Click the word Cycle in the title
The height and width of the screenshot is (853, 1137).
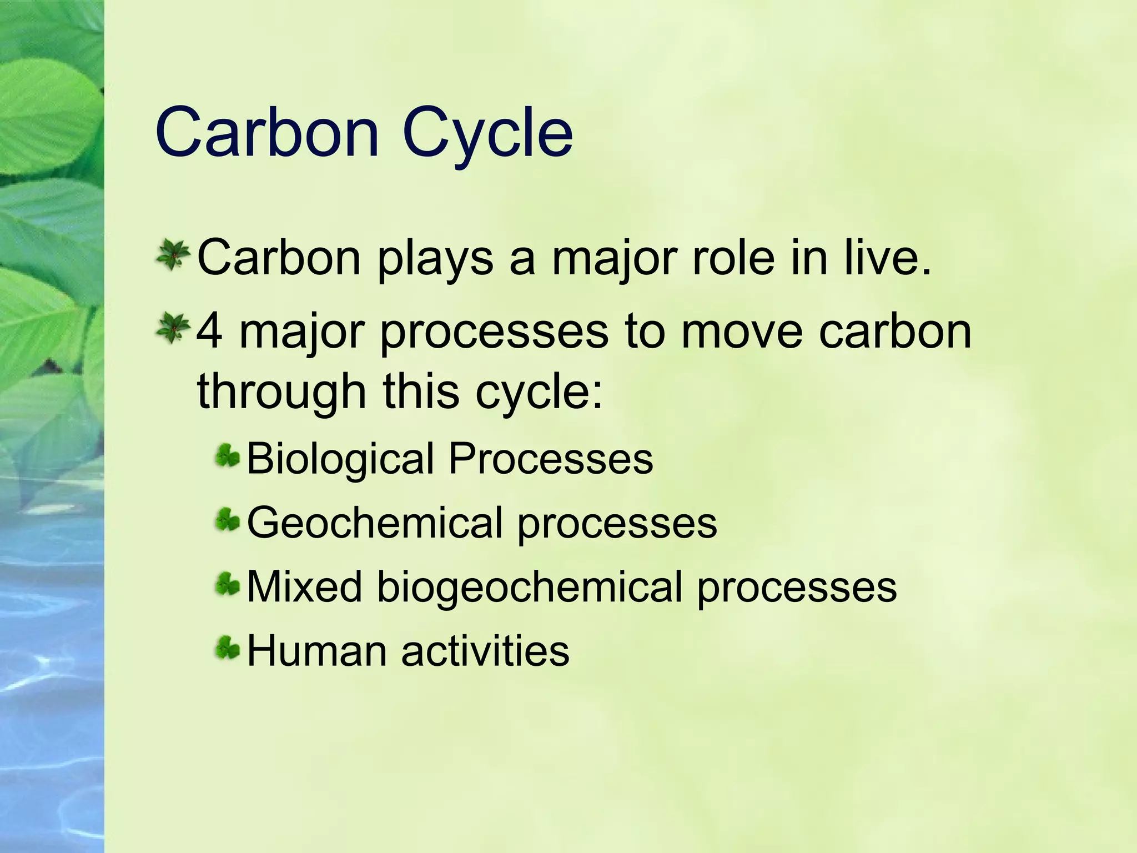(487, 133)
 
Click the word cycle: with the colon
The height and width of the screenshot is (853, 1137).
(539, 392)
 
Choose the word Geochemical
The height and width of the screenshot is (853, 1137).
(375, 523)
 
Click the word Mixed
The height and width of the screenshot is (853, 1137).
(304, 586)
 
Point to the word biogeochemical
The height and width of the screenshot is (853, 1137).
(529, 588)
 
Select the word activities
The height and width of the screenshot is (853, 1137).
(485, 650)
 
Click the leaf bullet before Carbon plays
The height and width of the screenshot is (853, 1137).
(173, 255)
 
